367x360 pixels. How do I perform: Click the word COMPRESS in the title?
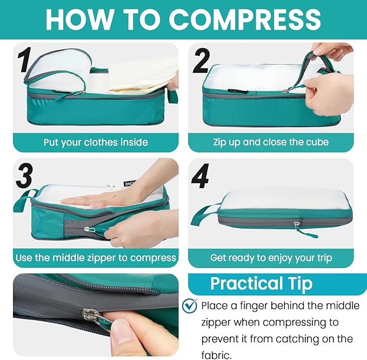click(245, 19)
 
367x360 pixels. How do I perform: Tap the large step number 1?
click(25, 59)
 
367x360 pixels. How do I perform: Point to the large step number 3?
click(24, 176)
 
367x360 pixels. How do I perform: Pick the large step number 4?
click(200, 176)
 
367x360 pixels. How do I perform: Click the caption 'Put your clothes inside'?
click(96, 142)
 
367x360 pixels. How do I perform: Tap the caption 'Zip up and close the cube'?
click(271, 142)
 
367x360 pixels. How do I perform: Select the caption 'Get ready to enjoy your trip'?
click(271, 258)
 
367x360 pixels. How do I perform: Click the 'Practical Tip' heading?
click(262, 284)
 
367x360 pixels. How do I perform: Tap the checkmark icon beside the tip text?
click(190, 305)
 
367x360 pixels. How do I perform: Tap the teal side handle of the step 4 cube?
click(203, 214)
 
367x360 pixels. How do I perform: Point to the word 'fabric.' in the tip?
click(216, 355)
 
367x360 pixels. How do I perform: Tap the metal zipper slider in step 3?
click(88, 229)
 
